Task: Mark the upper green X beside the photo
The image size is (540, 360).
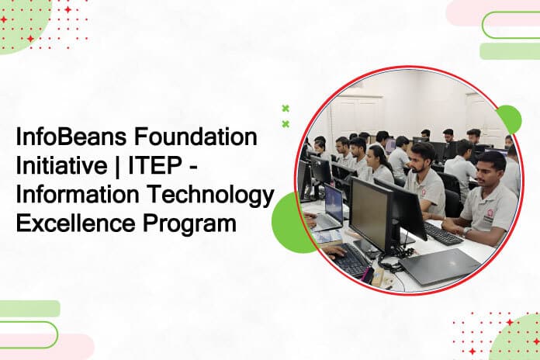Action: click(x=286, y=109)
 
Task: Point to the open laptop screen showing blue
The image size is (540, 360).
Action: click(x=334, y=204)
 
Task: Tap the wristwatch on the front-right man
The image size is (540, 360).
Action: click(x=466, y=232)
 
